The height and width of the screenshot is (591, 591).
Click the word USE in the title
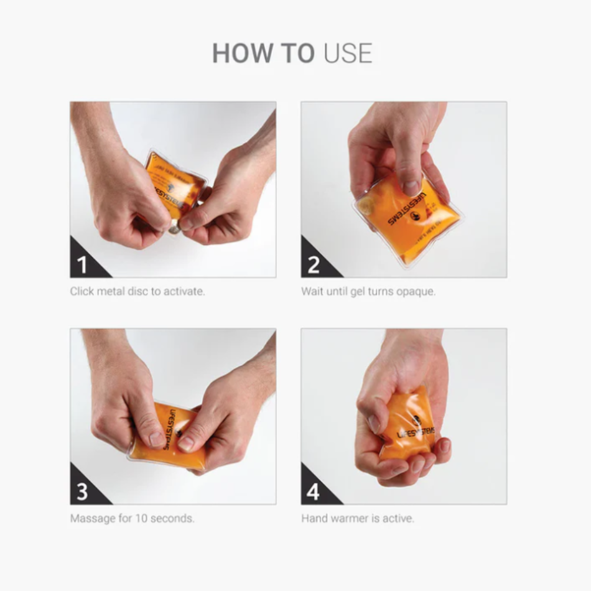[348, 54]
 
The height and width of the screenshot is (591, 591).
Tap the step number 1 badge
[83, 265]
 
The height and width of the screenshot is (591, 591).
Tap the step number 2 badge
[314, 265]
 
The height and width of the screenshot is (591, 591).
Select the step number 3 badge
[83, 491]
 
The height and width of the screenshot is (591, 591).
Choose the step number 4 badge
[314, 491]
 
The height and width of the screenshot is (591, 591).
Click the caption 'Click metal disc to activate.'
[137, 291]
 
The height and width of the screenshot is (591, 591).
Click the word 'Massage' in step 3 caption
[91, 518]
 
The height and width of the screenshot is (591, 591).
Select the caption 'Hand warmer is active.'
[358, 518]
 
